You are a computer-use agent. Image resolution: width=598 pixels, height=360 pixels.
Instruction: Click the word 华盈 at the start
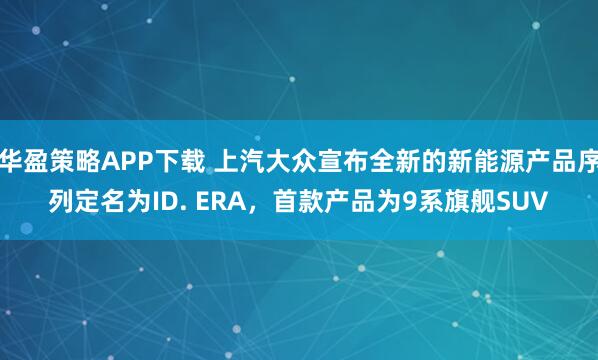coord(23,157)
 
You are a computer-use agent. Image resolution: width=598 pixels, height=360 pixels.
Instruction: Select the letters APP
coord(125,157)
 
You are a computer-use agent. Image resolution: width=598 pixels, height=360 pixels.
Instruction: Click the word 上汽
coord(241,157)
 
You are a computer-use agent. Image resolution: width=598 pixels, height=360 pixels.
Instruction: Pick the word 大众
coord(291,157)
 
